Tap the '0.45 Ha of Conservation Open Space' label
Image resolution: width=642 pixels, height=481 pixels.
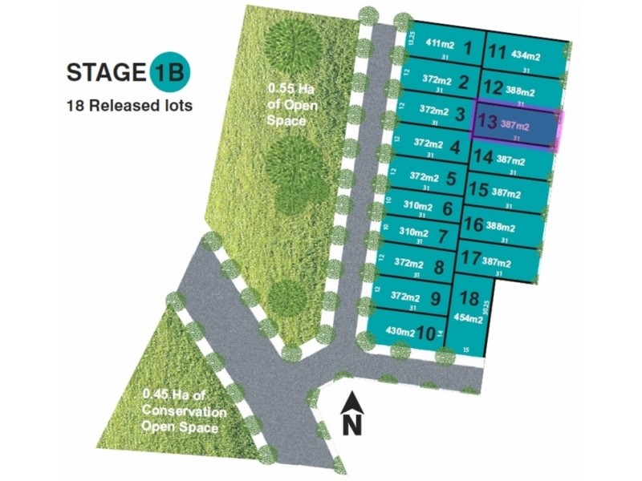click(x=180, y=410)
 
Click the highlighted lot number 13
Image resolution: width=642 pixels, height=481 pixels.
click(x=486, y=123)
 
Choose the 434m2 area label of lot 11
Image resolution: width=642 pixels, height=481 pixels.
click(x=526, y=55)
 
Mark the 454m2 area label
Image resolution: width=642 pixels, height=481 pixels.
click(x=468, y=318)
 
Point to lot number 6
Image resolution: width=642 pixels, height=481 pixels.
click(x=448, y=208)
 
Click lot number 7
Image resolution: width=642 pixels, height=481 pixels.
click(x=443, y=237)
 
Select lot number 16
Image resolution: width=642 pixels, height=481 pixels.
click(x=473, y=224)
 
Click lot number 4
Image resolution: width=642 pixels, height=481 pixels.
click(x=454, y=147)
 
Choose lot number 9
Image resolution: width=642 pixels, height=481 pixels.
click(x=436, y=298)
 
